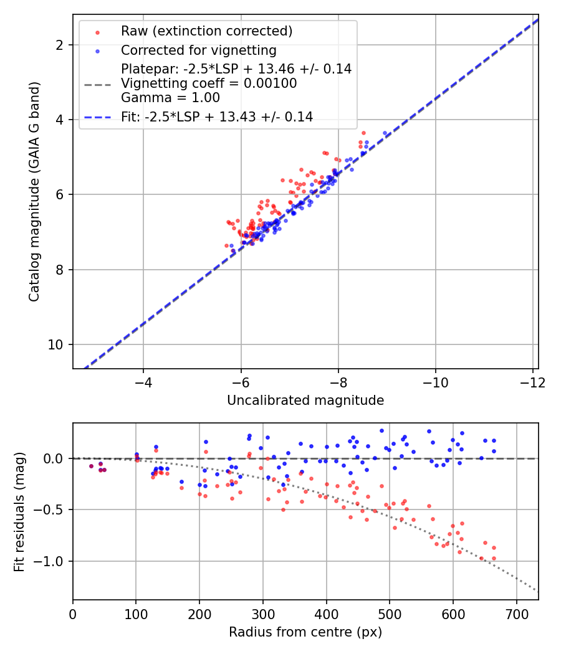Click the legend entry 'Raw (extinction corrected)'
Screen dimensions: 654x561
206,31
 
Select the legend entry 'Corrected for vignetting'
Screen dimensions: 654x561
198,50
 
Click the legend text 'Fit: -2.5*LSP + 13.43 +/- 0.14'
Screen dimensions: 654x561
217,116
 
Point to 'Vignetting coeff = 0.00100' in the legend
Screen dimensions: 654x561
209,83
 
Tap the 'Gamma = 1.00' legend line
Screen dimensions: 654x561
170,97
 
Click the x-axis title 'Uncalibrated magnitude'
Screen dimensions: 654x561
305,400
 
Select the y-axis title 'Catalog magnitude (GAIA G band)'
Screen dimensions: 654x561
34,192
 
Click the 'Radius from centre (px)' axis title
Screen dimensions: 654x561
305,632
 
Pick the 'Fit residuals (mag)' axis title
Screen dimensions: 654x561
19,512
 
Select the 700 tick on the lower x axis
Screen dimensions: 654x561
516,614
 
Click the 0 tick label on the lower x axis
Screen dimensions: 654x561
73,614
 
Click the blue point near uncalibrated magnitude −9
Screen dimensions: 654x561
385,133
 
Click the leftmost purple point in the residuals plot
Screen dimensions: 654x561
91,466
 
